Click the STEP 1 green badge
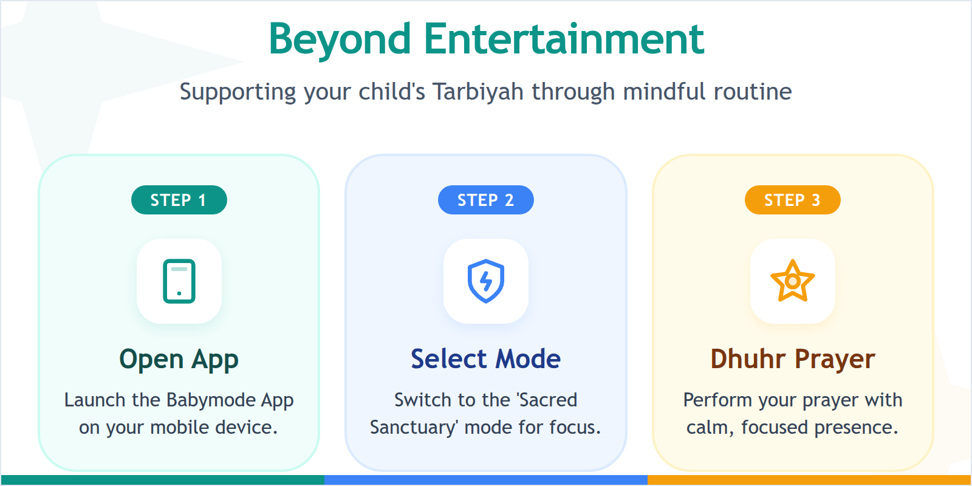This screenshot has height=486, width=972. [x=179, y=200]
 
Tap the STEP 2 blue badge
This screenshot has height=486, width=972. [x=485, y=200]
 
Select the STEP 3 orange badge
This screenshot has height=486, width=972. [x=792, y=200]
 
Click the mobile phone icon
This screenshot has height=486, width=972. [x=179, y=281]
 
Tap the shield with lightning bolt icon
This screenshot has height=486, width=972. [x=485, y=281]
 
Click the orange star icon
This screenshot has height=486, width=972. [x=792, y=281]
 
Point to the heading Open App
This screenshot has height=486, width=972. [x=179, y=359]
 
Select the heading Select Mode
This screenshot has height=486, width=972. [x=485, y=359]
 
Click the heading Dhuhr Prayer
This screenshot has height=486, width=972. [x=792, y=359]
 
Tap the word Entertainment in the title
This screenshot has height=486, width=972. [x=564, y=39]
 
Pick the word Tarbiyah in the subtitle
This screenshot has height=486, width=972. [x=477, y=92]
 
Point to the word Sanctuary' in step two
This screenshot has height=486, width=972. [x=413, y=428]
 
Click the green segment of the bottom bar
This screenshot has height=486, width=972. [x=162, y=480]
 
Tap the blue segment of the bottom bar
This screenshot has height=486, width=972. [x=485, y=480]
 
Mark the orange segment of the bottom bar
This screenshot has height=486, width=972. [x=809, y=480]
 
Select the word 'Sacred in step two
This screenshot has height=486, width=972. [x=546, y=400]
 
